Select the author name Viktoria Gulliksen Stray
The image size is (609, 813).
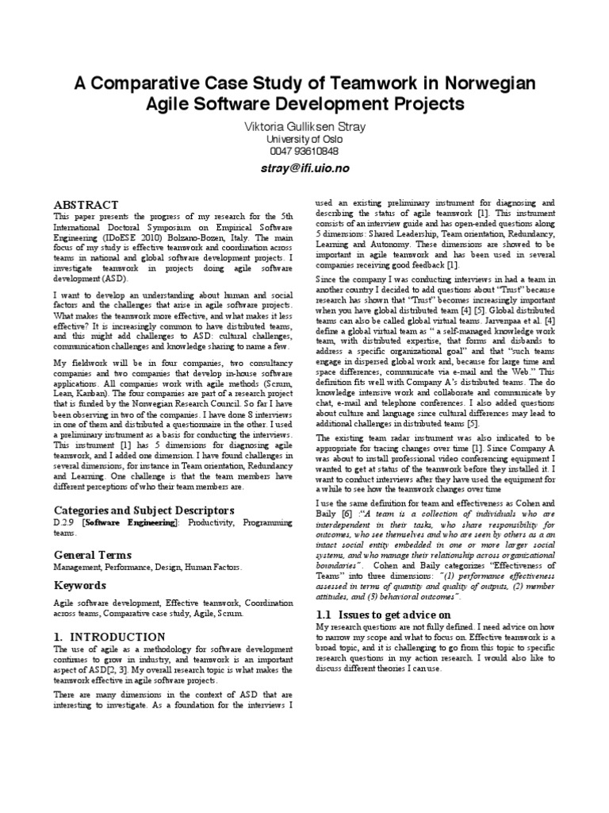(304, 128)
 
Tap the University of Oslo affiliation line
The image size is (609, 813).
(304, 140)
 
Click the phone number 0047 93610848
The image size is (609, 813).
(304, 151)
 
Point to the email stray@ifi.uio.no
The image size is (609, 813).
(304, 168)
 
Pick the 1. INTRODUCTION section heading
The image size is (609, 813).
(109, 637)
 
